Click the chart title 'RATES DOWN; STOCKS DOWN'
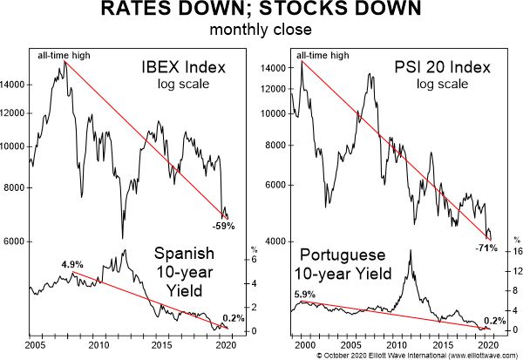(x=261, y=12)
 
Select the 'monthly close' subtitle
(x=261, y=31)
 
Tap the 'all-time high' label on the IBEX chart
(x=65, y=57)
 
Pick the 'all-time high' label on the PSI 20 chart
(x=324, y=57)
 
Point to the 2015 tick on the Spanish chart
(x=162, y=344)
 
